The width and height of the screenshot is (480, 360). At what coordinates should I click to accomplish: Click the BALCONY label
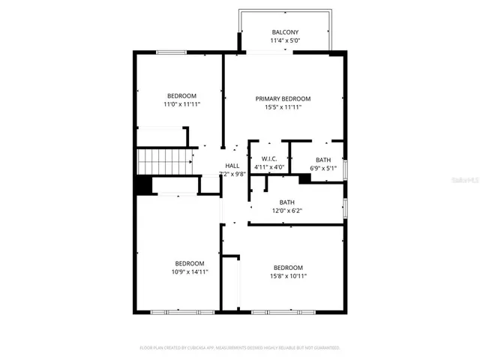tap(285, 32)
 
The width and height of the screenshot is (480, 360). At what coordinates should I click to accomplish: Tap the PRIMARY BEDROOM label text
tap(283, 98)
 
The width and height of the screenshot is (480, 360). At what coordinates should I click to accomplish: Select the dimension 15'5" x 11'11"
tap(283, 107)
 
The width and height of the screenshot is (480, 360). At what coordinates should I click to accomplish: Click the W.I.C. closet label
tap(269, 158)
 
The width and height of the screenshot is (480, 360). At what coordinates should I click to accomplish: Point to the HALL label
tap(232, 166)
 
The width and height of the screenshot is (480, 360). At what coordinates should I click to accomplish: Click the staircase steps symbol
tap(163, 160)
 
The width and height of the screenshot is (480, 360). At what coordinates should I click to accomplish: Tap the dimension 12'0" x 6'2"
tap(286, 211)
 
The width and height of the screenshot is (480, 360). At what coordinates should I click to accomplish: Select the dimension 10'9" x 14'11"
tap(190, 271)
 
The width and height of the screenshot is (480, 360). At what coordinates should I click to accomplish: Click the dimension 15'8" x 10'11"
tap(288, 276)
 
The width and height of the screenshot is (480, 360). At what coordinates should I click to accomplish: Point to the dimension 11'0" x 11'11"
tap(181, 104)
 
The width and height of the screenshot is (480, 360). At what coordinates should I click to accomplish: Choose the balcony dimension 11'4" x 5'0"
tap(285, 41)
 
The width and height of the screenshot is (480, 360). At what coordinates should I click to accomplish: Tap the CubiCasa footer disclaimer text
tap(240, 348)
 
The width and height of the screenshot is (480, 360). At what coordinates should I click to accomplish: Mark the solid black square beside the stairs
tap(143, 185)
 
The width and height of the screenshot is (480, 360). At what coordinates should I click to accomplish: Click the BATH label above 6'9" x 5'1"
tap(322, 160)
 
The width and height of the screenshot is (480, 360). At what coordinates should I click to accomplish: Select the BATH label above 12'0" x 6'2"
tap(286, 202)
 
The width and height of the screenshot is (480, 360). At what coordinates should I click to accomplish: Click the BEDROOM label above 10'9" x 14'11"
tap(190, 263)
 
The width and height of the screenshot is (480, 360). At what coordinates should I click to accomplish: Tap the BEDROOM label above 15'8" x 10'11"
tap(288, 268)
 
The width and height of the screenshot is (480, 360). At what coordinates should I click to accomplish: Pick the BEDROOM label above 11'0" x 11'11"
tap(181, 95)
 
